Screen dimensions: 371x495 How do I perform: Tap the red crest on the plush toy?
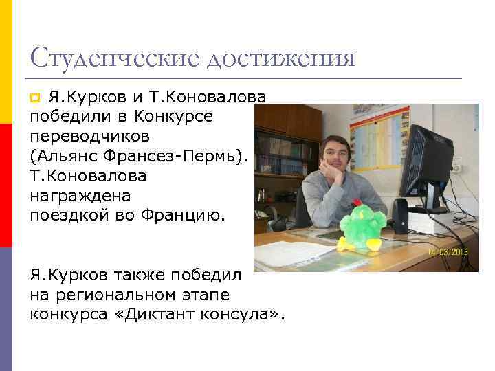coord(356,203)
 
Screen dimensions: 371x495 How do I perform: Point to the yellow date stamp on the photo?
coord(448,252)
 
